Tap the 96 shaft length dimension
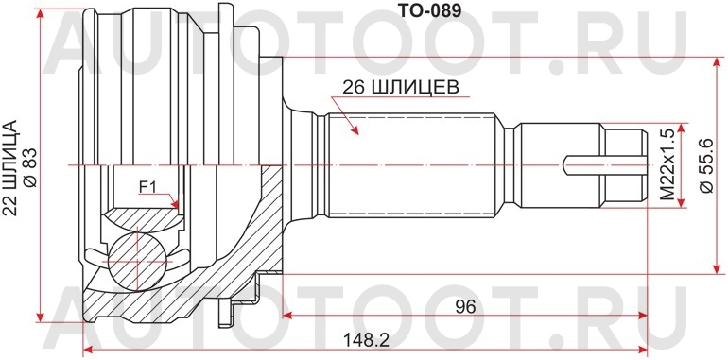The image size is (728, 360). (x=463, y=307)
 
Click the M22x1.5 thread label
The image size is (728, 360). (x=666, y=164)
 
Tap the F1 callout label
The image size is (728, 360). (x=148, y=187)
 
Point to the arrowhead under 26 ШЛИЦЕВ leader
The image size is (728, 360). (x=355, y=129)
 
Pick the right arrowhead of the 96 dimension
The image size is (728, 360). (x=643, y=317)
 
